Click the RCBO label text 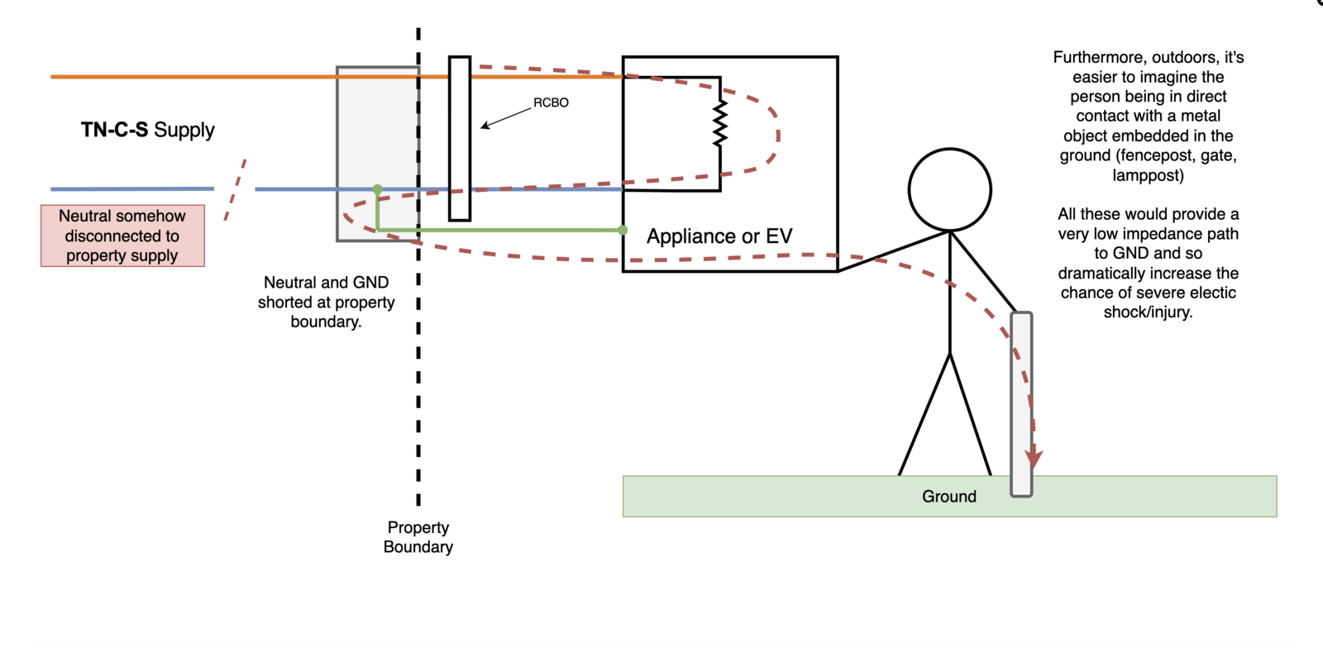[551, 102]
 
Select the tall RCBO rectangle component [460, 139]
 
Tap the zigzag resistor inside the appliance [720, 124]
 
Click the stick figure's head [950, 189]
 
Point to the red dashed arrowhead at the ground [1034, 459]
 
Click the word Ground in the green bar [949, 496]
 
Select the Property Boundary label [418, 536]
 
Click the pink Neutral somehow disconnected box [122, 236]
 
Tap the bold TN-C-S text [114, 130]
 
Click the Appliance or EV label [719, 236]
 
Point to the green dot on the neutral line [378, 189]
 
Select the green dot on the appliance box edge [623, 230]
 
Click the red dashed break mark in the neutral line [236, 189]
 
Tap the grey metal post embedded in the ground [1022, 404]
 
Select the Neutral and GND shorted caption [326, 302]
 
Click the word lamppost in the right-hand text [1148, 175]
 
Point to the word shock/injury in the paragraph [1148, 312]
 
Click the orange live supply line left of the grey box [190, 77]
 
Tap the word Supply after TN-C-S [184, 130]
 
